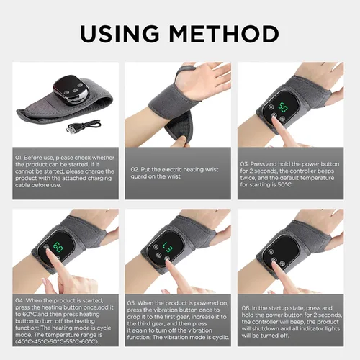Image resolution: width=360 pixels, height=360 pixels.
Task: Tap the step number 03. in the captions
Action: tap(245, 163)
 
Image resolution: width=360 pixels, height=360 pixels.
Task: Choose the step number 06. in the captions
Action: tap(245, 307)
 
